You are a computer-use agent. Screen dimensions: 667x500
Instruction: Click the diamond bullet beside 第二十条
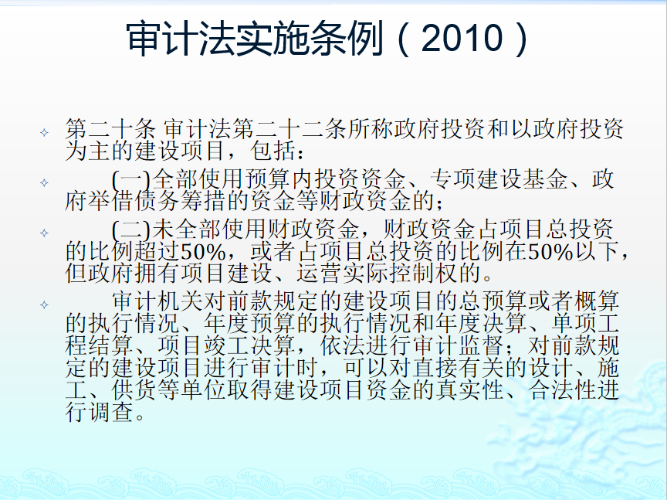point(44,132)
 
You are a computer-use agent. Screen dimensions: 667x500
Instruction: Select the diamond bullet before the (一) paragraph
point(44,182)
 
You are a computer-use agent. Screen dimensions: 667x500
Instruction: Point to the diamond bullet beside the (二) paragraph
point(44,233)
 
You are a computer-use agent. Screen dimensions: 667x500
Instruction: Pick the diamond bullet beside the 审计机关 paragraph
point(44,305)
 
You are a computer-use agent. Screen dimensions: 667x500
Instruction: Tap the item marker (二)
point(131,230)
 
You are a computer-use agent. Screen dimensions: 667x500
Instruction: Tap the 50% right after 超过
point(203,252)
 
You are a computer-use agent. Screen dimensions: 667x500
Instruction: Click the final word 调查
point(111,412)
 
